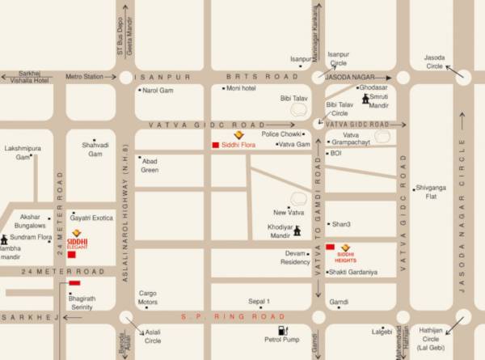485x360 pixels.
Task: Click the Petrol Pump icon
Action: tap(283, 330)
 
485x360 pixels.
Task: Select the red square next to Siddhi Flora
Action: tap(215, 145)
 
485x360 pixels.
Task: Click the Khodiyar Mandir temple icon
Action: tap(297, 231)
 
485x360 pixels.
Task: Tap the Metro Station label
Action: tap(85, 77)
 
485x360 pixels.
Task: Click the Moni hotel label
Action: tap(242, 87)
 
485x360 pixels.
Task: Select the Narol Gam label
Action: tap(158, 91)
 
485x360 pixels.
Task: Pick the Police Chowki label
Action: tap(281, 133)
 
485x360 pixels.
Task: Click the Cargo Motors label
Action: tap(147, 299)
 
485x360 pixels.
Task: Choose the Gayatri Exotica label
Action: tap(91, 218)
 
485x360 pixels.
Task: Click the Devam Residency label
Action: tap(294, 257)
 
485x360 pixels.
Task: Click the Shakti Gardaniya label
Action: tap(355, 272)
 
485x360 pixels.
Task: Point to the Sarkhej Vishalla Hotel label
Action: tap(25, 77)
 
